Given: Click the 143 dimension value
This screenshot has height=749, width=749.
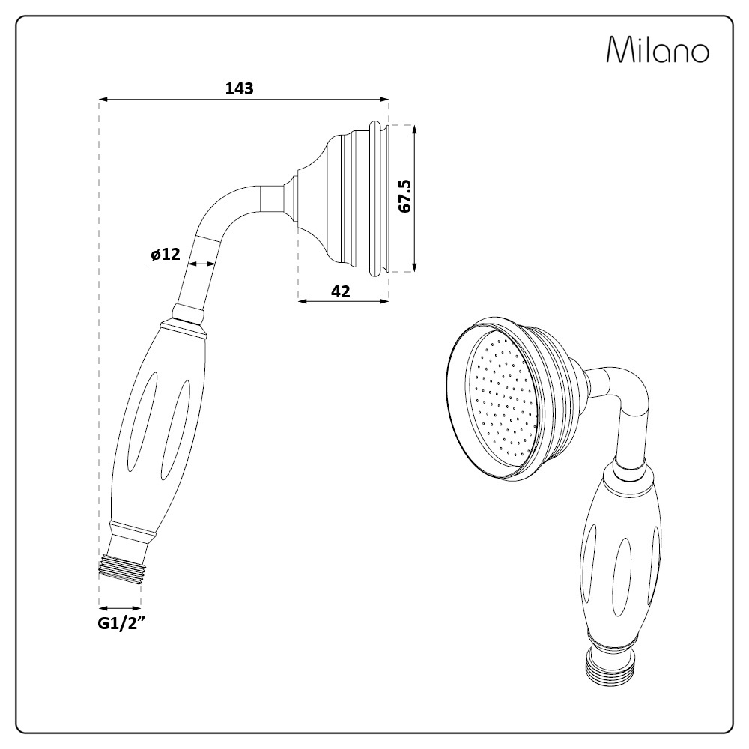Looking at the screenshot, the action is tap(240, 88).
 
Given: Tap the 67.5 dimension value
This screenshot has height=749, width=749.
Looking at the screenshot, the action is tap(404, 195).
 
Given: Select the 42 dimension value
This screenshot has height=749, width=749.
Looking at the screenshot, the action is tap(341, 291).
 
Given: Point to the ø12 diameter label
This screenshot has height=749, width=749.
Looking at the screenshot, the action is tap(166, 255).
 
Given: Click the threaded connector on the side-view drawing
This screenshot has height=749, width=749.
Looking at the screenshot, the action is tap(121, 568).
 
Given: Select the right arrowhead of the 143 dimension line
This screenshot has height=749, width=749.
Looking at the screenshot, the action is tap(384, 100).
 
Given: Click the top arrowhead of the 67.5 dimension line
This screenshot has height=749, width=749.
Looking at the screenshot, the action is tap(414, 130).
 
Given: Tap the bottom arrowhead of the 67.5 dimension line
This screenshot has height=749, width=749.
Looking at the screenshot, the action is tap(414, 267).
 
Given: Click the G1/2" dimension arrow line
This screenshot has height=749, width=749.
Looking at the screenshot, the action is tap(120, 608).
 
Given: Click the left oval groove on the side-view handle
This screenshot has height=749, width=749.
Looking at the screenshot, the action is tap(142, 418).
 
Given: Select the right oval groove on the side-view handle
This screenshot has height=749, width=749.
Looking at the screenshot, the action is tap(176, 429).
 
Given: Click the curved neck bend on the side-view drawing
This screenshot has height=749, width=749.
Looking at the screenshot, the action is tap(229, 210).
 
